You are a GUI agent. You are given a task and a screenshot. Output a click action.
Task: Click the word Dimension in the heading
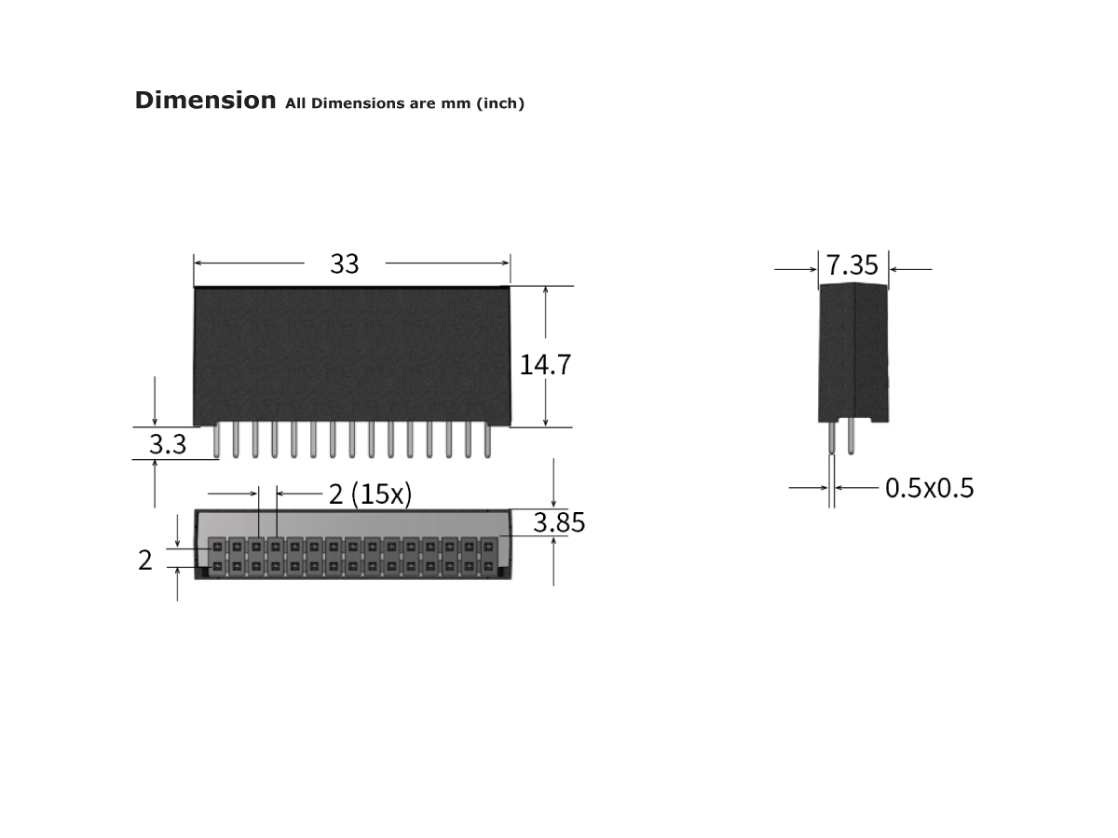[x=205, y=101]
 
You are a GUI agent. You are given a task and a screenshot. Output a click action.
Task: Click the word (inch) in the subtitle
[x=500, y=103]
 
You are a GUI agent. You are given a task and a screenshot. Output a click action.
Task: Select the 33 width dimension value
[x=344, y=264]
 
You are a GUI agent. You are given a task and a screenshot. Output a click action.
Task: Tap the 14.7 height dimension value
[x=545, y=365]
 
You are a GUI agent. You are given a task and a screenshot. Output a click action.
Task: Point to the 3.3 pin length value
[x=168, y=445]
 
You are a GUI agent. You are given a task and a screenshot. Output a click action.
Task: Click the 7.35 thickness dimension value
[x=852, y=266]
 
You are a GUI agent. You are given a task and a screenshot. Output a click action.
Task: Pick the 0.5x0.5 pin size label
[x=929, y=488]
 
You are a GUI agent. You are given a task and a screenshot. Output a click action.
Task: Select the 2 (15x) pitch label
[x=370, y=493]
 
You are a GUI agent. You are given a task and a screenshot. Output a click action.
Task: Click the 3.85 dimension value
[x=559, y=523]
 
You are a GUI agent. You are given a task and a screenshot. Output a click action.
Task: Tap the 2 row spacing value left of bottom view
[x=145, y=561]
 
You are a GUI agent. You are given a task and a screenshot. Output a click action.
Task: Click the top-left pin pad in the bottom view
[x=217, y=547]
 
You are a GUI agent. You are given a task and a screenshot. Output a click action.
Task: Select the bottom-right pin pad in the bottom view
[x=487, y=566]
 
